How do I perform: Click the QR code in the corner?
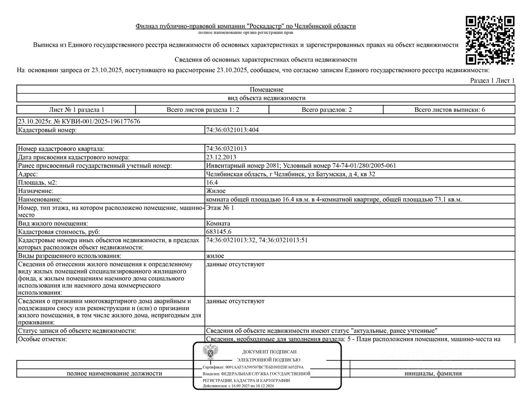point(490,40)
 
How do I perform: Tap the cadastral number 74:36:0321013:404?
point(232,130)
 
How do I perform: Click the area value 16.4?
point(212,183)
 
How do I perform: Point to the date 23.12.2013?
point(221,157)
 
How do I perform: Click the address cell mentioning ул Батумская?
point(290,174)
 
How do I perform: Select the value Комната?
point(218,223)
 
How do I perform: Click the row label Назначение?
point(36,191)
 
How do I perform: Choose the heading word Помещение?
point(266,89)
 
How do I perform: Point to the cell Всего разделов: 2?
point(327,110)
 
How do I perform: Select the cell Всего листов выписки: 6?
point(449,110)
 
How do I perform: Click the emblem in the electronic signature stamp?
point(211,353)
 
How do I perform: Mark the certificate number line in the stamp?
point(254,367)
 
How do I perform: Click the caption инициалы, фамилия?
point(433,373)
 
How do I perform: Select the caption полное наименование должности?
point(114,373)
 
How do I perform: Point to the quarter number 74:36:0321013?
point(226,149)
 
